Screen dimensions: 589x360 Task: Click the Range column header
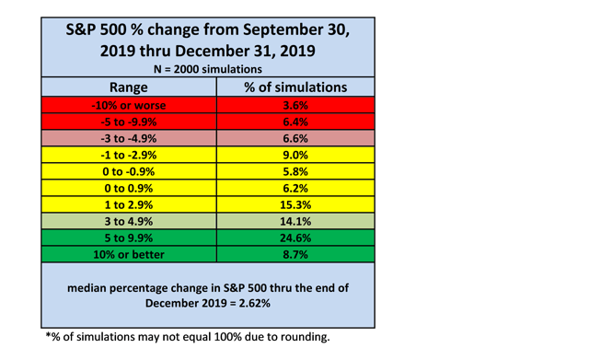pyautogui.click(x=129, y=87)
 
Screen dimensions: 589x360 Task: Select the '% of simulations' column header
pyautogui.click(x=295, y=87)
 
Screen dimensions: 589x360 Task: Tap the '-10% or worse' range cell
pyautogui.click(x=129, y=105)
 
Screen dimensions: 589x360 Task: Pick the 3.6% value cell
pyautogui.click(x=295, y=105)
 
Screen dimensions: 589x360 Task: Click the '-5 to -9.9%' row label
pyautogui.click(x=129, y=122)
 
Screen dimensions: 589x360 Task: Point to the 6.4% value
pyautogui.click(x=295, y=122)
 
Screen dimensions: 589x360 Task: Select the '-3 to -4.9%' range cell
pyautogui.click(x=129, y=138)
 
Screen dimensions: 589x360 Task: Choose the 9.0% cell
pyautogui.click(x=295, y=155)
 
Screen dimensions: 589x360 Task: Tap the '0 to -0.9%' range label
pyautogui.click(x=129, y=171)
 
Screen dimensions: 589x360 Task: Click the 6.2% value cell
pyautogui.click(x=295, y=188)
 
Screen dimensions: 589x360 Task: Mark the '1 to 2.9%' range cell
pyautogui.click(x=129, y=204)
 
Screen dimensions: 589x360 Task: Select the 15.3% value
pyautogui.click(x=295, y=204)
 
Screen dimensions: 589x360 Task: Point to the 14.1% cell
pyautogui.click(x=295, y=221)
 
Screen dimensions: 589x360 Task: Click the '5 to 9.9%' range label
pyautogui.click(x=129, y=238)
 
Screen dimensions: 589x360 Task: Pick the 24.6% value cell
pyautogui.click(x=295, y=238)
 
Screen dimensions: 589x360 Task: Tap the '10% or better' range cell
pyautogui.click(x=129, y=254)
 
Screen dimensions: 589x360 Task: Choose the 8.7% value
pyautogui.click(x=295, y=254)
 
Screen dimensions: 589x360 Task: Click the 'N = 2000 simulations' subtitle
pyautogui.click(x=208, y=69)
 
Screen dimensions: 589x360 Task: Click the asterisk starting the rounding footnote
pyautogui.click(x=48, y=335)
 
